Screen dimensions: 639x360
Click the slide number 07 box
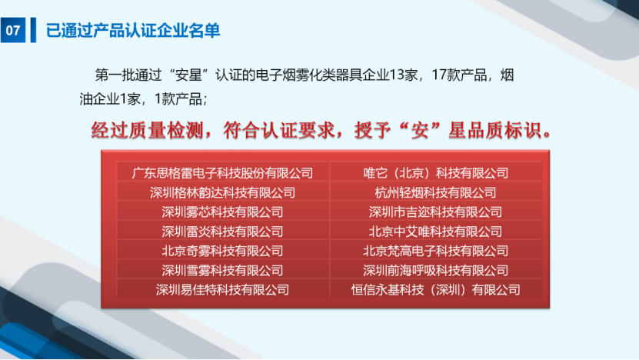(x=13, y=30)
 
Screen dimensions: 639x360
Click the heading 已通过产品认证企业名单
(x=133, y=31)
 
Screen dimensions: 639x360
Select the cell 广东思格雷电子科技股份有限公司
(x=222, y=173)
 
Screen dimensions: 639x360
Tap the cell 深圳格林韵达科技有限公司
(x=222, y=192)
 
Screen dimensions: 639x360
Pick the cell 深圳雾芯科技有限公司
(x=222, y=212)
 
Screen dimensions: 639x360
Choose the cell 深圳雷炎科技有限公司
(x=222, y=232)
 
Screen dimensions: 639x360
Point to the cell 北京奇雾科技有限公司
(x=222, y=251)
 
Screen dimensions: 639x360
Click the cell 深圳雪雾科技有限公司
(x=222, y=270)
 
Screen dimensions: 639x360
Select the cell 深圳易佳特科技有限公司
(x=222, y=290)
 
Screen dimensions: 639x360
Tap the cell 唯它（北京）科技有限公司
(x=436, y=173)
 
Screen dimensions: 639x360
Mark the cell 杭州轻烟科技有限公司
(x=436, y=192)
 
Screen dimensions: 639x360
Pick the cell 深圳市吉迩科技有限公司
(x=436, y=212)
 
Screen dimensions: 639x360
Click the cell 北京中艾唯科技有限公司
(x=436, y=232)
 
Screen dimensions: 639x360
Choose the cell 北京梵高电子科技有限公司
(x=436, y=251)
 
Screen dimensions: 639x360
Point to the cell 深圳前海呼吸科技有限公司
(x=436, y=270)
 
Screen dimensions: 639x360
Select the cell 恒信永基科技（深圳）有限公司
(x=436, y=290)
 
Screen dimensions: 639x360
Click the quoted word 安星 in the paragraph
(x=189, y=75)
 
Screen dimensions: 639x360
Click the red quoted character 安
(x=421, y=131)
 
